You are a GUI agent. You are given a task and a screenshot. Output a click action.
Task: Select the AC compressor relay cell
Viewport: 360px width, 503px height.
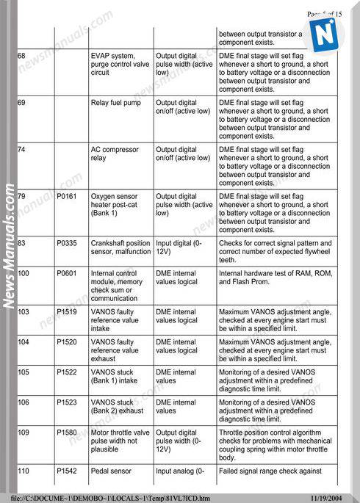click(115, 153)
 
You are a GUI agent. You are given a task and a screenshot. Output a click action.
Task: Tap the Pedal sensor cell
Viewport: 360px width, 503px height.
click(112, 470)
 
